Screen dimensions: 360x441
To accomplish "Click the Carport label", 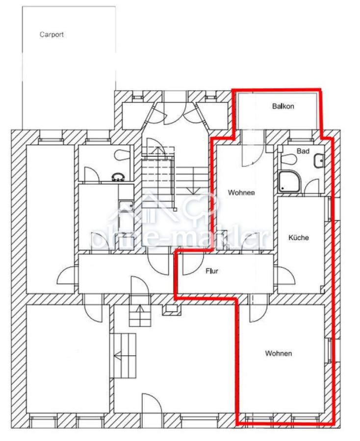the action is [51, 35].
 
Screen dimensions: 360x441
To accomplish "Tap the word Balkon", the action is [283, 106].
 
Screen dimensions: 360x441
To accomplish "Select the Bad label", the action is [303, 151].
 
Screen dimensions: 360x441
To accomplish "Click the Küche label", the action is [298, 237].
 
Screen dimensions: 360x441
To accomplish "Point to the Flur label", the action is [212, 271].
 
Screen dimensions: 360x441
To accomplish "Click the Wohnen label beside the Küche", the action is [241, 193].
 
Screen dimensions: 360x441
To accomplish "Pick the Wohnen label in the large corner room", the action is [279, 353].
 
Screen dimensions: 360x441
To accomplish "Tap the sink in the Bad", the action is [320, 161].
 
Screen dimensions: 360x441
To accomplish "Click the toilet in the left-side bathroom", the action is [122, 155].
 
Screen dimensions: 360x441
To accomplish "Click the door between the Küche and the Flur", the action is [286, 275].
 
